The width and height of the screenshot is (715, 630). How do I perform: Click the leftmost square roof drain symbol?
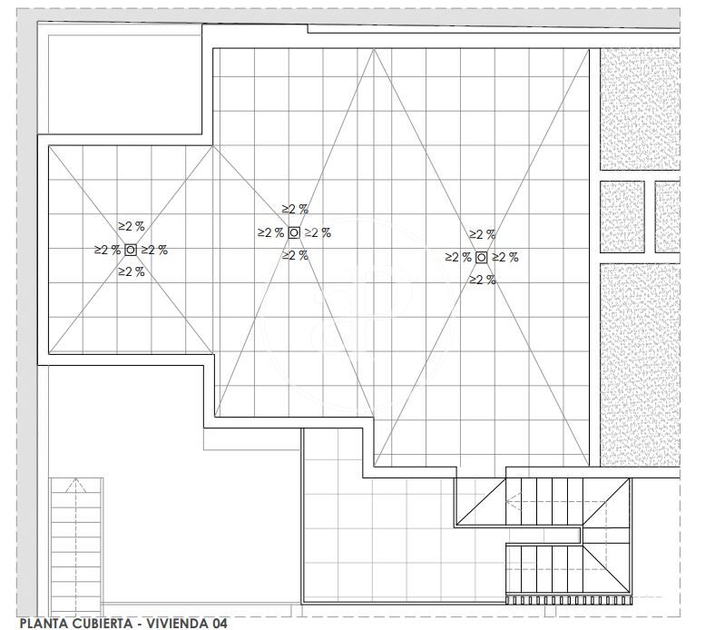(131, 250)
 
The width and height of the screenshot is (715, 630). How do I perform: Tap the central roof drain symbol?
(294, 233)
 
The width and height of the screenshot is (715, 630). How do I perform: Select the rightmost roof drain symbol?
(481, 258)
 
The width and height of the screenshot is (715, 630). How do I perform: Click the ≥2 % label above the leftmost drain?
(132, 226)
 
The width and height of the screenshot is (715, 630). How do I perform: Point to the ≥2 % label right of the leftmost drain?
(154, 250)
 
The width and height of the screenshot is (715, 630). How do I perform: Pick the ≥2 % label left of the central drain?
(271, 233)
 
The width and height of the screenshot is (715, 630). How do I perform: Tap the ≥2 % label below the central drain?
(295, 255)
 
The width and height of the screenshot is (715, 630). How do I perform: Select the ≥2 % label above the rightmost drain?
(483, 234)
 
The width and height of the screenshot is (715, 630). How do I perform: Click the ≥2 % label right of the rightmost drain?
(505, 258)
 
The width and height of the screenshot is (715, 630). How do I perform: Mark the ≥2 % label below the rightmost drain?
(483, 280)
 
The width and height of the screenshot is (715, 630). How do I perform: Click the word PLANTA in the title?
(41, 623)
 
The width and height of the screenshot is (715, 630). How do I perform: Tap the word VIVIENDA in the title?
(175, 623)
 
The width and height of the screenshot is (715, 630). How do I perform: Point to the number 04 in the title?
(219, 623)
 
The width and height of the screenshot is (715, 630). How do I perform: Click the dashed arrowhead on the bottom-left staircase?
(75, 485)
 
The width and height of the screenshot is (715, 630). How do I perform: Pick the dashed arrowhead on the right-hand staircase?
(514, 501)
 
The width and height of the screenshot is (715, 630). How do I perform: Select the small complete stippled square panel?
(622, 217)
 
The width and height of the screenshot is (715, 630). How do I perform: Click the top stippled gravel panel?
(641, 110)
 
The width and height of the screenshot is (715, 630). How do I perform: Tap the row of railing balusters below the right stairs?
(569, 600)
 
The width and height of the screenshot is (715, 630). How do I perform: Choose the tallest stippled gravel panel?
(641, 365)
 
